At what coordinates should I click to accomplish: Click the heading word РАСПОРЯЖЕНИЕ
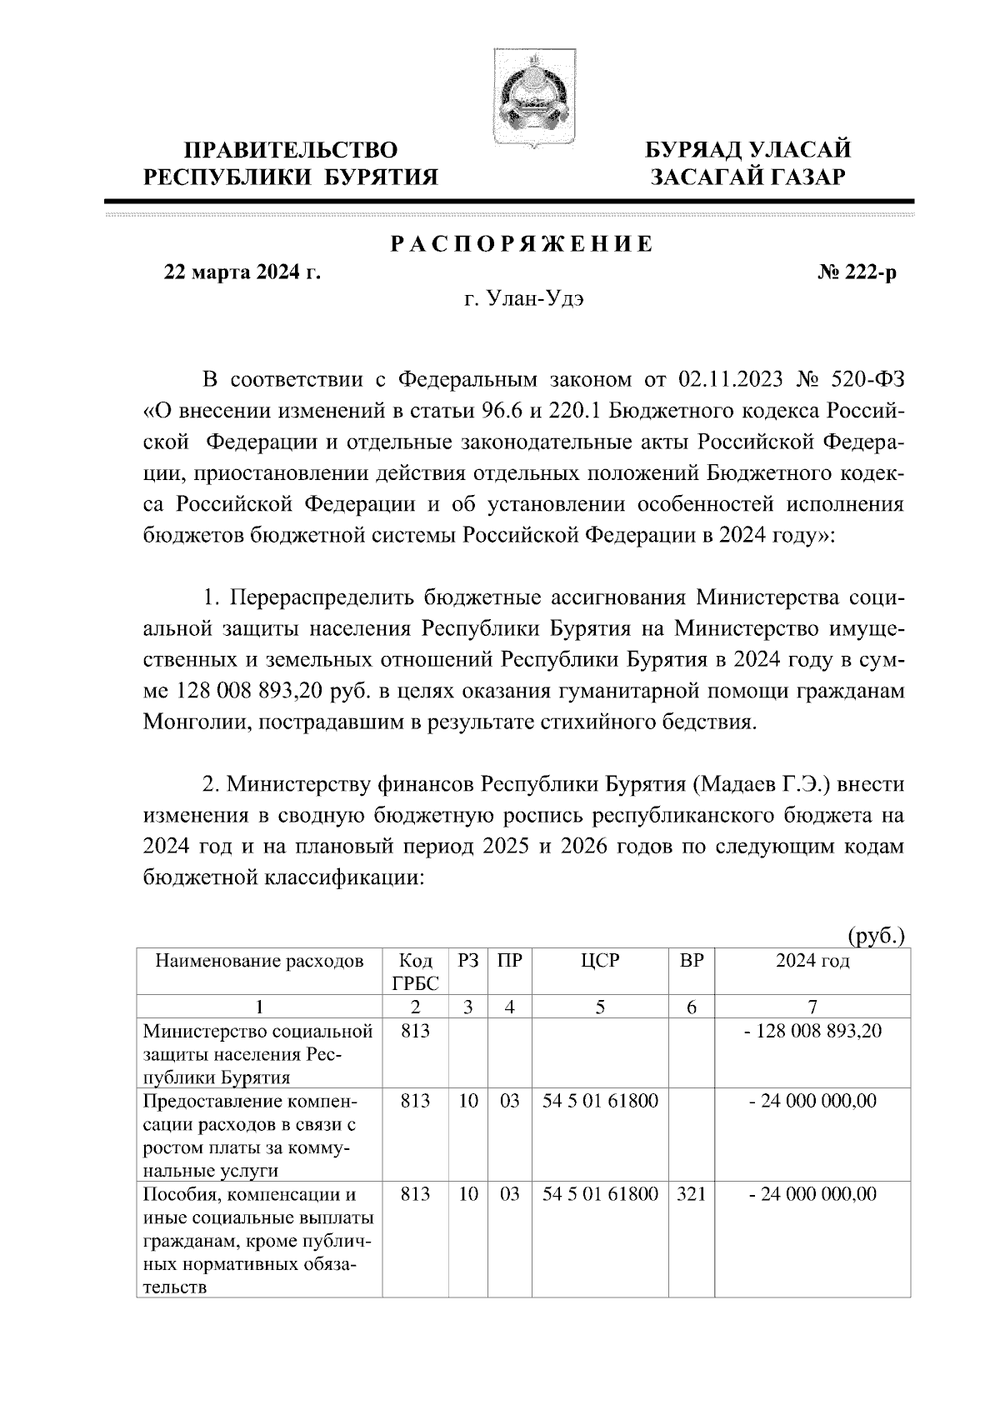pyautogui.click(x=522, y=244)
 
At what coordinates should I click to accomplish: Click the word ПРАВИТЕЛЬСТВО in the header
pyautogui.click(x=291, y=150)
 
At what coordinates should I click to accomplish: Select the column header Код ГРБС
pyautogui.click(x=415, y=972)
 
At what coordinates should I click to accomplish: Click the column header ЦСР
pyautogui.click(x=600, y=961)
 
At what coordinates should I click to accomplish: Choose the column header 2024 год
pyautogui.click(x=812, y=961)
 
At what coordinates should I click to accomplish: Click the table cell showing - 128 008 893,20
pyautogui.click(x=812, y=1031)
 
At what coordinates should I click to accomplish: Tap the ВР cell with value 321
pyautogui.click(x=692, y=1194)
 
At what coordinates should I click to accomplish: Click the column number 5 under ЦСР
pyautogui.click(x=600, y=1007)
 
